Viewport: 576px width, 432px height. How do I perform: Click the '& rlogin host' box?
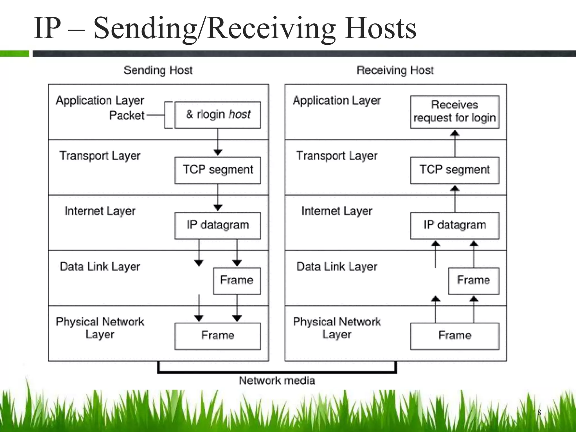pos(218,115)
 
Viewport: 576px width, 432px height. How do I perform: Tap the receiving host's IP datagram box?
pos(454,225)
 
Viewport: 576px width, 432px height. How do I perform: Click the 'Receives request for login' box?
pos(454,112)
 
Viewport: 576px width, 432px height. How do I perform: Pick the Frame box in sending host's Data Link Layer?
pos(237,280)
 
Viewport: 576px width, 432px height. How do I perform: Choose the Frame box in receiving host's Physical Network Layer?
pos(454,336)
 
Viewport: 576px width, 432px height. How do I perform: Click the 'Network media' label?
pos(277,381)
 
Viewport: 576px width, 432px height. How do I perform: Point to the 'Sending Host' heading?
pos(158,70)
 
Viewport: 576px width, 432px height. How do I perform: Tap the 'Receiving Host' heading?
pos(395,70)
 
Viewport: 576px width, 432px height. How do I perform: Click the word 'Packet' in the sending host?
pos(127,115)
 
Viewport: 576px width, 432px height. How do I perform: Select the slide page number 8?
pos(539,412)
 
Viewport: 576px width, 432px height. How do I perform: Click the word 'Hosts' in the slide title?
pos(380,28)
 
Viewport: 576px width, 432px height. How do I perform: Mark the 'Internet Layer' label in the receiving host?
pos(337,211)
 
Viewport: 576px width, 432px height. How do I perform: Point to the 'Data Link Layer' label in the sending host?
pos(100,266)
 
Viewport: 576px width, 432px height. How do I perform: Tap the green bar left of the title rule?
pos(15,53)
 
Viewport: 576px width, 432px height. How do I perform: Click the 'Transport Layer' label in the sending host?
pos(100,156)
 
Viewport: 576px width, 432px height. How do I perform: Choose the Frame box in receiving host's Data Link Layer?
pos(473,280)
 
